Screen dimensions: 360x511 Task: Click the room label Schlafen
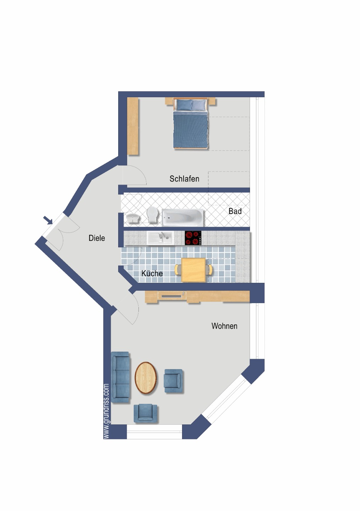(184, 179)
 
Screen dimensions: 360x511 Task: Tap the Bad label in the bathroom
(235, 211)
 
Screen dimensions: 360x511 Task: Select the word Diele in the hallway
(97, 238)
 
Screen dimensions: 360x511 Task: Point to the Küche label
(152, 273)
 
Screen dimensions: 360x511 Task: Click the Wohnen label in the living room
(224, 326)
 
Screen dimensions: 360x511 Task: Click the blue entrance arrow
(48, 220)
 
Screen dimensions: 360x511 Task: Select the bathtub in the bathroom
(182, 217)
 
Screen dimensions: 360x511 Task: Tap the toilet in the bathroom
(152, 215)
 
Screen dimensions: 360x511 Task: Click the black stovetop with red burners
(193, 238)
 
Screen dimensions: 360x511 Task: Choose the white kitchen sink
(160, 238)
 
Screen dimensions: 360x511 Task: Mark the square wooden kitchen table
(193, 270)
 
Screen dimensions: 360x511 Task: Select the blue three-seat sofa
(120, 377)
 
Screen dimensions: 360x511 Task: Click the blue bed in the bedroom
(191, 123)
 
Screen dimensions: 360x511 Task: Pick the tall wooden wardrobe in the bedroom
(133, 126)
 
